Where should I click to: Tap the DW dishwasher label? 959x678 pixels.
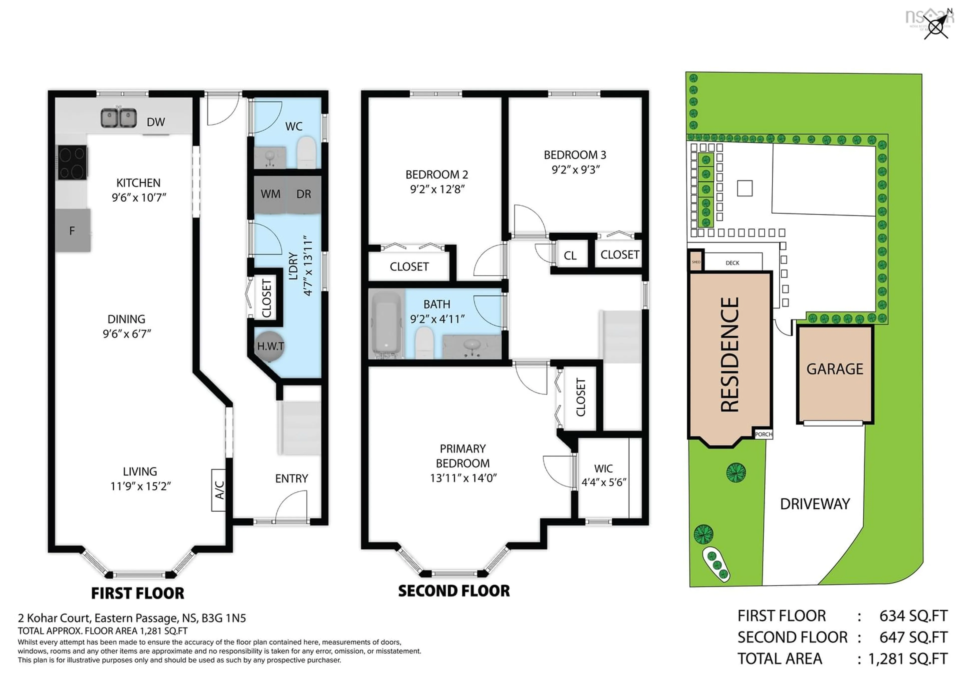point(156,122)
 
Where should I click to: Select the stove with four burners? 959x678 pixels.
point(72,162)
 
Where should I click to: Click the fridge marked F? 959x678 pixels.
point(73,231)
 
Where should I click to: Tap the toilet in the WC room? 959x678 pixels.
point(307,152)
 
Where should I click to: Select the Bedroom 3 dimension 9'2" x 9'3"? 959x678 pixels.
point(575,170)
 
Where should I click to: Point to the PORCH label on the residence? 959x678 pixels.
point(763,434)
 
